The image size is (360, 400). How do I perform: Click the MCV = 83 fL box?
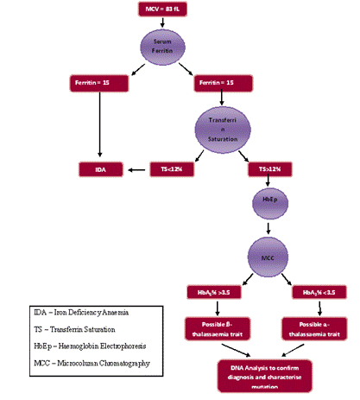[163, 10]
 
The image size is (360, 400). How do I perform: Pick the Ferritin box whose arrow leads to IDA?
[102, 84]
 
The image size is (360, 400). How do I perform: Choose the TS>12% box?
[268, 168]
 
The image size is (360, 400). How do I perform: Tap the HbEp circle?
[268, 200]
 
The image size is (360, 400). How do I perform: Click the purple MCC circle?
[268, 256]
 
